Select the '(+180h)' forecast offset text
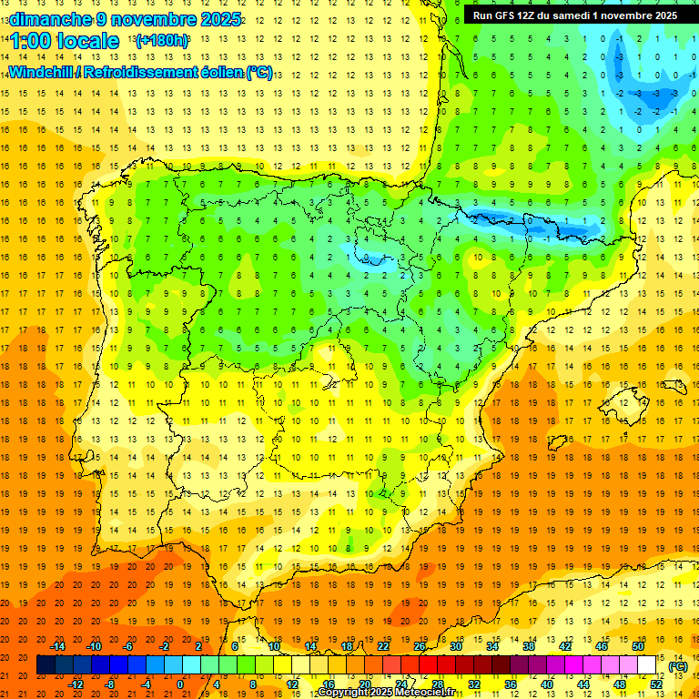(x=162, y=41)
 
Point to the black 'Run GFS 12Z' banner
(x=574, y=15)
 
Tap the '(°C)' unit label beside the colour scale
(x=677, y=666)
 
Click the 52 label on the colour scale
(x=656, y=684)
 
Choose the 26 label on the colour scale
(x=420, y=646)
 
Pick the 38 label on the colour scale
(x=529, y=646)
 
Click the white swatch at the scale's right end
(x=647, y=665)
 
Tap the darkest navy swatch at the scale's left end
(x=46, y=665)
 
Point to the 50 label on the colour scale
(x=638, y=646)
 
